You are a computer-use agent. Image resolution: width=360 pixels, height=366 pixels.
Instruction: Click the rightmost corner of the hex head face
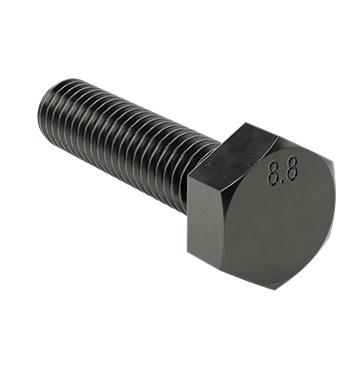click(x=335, y=205)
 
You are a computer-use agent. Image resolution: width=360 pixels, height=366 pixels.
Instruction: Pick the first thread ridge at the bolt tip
click(x=55, y=105)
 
